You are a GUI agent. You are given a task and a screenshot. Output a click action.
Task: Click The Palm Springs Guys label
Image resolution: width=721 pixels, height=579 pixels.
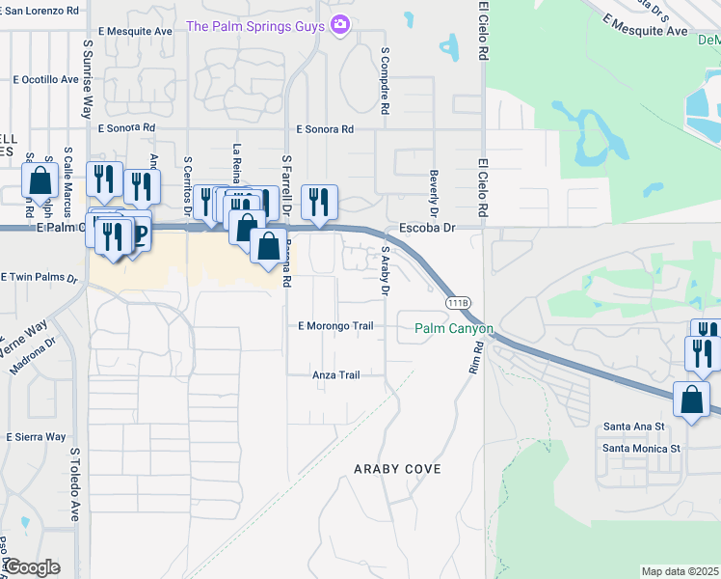255,25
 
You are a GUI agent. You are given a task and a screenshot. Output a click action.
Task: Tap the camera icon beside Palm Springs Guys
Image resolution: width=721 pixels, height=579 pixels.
339,24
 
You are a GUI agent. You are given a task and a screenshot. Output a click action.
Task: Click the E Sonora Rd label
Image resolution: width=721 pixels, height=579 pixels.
325,128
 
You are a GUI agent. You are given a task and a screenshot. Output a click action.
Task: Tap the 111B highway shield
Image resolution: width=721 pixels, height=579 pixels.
459,303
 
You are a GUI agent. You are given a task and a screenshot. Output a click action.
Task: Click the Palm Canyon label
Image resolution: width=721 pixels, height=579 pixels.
454,329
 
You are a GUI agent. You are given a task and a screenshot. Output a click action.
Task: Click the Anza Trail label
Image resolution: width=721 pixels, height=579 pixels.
335,375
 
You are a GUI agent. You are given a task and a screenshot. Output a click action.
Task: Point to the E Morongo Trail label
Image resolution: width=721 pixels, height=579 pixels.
335,326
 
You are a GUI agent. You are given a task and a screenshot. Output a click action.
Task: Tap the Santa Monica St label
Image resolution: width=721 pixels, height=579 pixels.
641,448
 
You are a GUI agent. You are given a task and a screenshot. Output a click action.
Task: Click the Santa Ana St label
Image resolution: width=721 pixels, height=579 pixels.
634,426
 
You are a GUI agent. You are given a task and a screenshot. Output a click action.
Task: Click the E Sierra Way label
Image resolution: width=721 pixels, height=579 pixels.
36,437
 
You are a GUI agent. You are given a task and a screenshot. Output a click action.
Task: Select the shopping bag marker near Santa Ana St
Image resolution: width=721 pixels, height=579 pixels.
692,400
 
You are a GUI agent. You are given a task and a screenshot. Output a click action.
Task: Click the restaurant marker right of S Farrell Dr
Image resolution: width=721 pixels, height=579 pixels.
319,203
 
